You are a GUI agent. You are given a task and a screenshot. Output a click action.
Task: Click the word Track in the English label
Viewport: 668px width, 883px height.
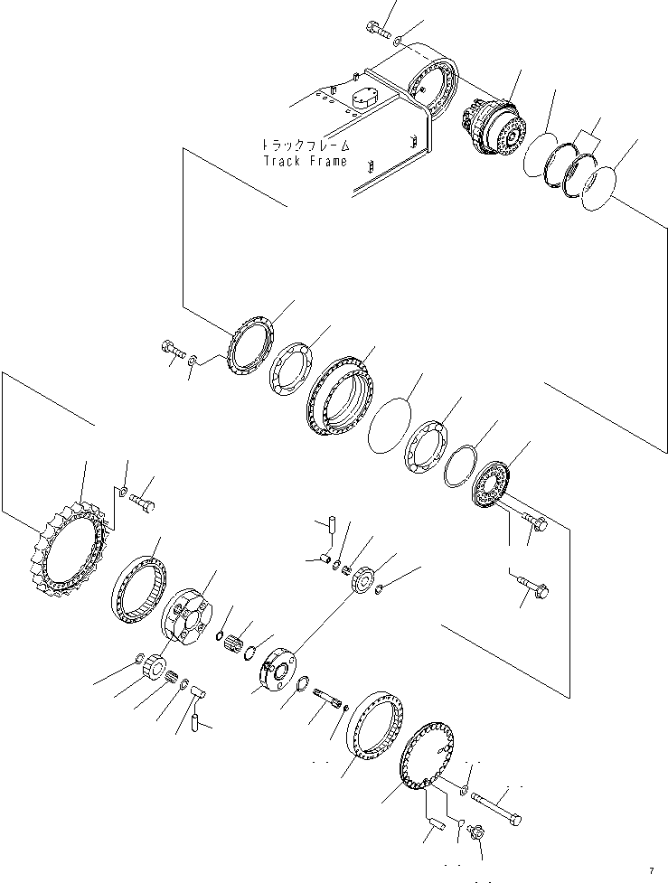click(x=282, y=162)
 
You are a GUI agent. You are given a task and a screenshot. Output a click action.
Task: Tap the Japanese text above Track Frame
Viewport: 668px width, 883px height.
click(x=303, y=146)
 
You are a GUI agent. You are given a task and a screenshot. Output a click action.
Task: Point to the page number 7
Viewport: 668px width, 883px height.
click(x=650, y=870)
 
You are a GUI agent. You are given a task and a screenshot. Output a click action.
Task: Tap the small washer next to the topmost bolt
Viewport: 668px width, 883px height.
click(x=400, y=41)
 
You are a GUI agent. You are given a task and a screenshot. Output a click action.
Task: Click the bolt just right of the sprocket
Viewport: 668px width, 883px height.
click(x=143, y=498)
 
